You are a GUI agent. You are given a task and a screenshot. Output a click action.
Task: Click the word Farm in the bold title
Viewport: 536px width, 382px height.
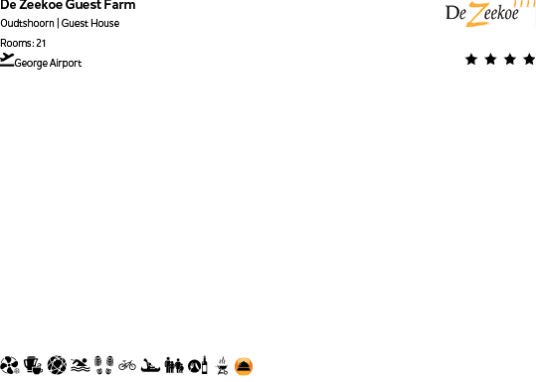[x=119, y=5]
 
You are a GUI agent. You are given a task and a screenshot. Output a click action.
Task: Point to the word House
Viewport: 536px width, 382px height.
[x=104, y=23]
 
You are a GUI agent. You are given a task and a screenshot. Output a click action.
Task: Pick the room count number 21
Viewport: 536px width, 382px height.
[x=41, y=43]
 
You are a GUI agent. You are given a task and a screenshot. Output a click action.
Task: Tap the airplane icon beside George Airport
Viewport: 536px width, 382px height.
[x=8, y=60]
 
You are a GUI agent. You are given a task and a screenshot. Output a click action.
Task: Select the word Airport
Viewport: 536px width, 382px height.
[x=66, y=64]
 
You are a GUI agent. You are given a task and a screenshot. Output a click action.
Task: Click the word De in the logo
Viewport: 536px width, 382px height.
[x=457, y=14]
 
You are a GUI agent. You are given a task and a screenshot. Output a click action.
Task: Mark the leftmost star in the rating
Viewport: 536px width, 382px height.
[x=471, y=60]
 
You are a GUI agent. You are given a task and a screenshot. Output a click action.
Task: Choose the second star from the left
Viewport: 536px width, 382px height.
[x=491, y=60]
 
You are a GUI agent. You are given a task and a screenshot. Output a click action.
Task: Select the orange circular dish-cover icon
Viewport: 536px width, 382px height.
[x=244, y=366]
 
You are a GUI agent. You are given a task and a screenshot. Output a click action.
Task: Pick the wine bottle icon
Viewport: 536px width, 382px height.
[x=206, y=365]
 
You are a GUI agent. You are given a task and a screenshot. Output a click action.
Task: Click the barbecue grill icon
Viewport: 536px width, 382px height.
[x=223, y=365]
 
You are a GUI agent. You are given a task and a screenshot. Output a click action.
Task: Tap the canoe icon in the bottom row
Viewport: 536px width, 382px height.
[x=150, y=365]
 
